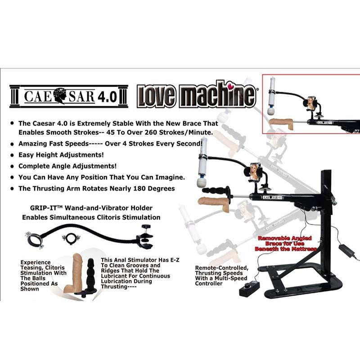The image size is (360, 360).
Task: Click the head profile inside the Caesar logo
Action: tap(61, 95)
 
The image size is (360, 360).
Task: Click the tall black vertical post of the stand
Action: tap(326, 211)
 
